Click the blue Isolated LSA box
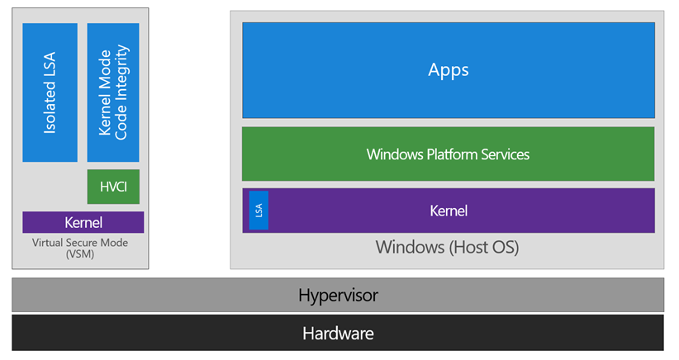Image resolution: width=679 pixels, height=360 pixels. [50, 92]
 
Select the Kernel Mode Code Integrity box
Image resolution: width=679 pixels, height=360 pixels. [113, 92]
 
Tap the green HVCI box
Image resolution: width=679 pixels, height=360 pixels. [113, 187]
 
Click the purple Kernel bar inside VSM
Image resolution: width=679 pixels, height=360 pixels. [83, 223]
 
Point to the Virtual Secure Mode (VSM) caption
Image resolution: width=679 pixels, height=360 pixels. [80, 249]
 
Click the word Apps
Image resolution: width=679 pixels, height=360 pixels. [448, 69]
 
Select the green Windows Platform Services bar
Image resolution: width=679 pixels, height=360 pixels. [448, 154]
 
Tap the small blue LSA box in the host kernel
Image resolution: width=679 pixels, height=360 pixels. [259, 211]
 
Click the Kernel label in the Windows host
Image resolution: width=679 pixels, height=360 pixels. [449, 211]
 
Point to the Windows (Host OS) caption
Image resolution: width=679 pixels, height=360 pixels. [447, 247]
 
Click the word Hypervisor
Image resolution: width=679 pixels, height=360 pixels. [338, 295]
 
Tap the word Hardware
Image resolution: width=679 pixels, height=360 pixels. [338, 334]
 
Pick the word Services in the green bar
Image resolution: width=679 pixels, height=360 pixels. [503, 154]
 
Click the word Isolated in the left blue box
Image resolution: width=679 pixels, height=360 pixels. [50, 111]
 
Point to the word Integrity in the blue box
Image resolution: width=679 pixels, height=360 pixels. [121, 77]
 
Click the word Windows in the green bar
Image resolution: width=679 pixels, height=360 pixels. [393, 154]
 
